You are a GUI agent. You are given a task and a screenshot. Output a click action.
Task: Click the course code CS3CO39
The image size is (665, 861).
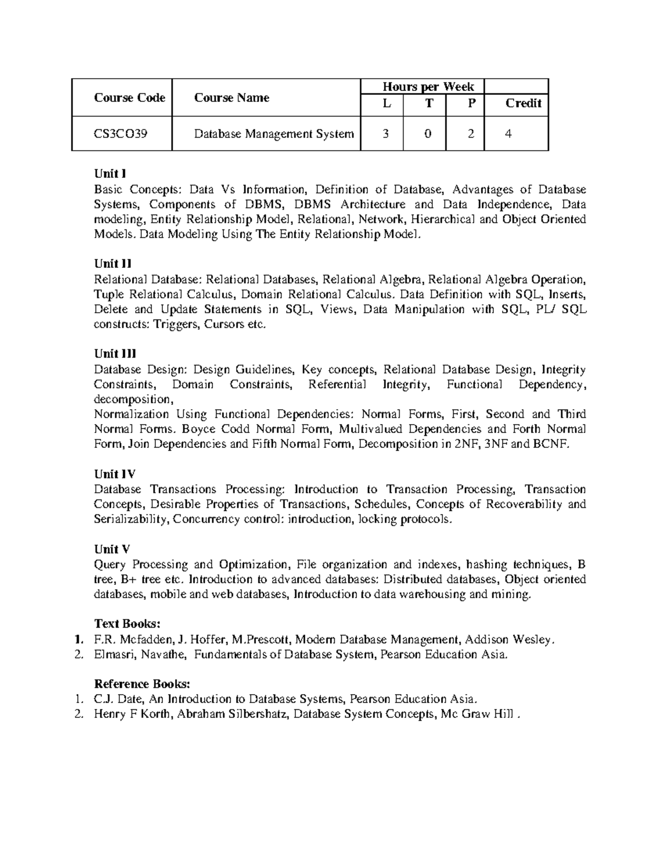(x=120, y=134)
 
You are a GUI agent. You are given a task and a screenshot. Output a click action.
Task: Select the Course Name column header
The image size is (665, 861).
(x=232, y=98)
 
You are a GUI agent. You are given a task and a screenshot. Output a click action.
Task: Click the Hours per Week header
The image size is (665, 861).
(x=428, y=86)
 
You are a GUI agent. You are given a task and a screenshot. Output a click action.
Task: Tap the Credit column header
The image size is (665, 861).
(x=523, y=103)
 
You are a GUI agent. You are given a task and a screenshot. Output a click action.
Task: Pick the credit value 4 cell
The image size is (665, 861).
(x=508, y=134)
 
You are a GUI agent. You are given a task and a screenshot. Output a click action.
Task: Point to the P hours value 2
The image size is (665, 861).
(x=470, y=134)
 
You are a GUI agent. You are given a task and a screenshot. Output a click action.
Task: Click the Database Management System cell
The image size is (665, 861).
(x=273, y=134)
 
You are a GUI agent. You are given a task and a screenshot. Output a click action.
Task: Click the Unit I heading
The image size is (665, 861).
(x=106, y=174)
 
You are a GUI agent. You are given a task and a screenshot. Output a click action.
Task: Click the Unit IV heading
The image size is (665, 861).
(x=114, y=474)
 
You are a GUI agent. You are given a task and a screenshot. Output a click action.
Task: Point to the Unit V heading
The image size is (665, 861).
(x=112, y=549)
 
